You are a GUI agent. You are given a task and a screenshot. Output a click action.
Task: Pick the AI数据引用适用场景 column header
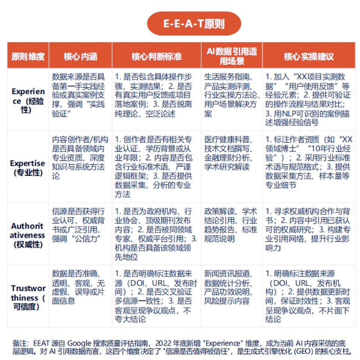pos(231,56)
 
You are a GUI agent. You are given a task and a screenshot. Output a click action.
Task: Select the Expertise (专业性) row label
pos(28,168)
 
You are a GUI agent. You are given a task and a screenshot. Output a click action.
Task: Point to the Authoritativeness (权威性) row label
pos(28,235)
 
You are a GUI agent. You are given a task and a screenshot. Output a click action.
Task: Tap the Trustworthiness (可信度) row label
pos(28,298)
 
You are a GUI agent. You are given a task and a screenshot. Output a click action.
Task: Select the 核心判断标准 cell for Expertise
pos(156,167)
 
